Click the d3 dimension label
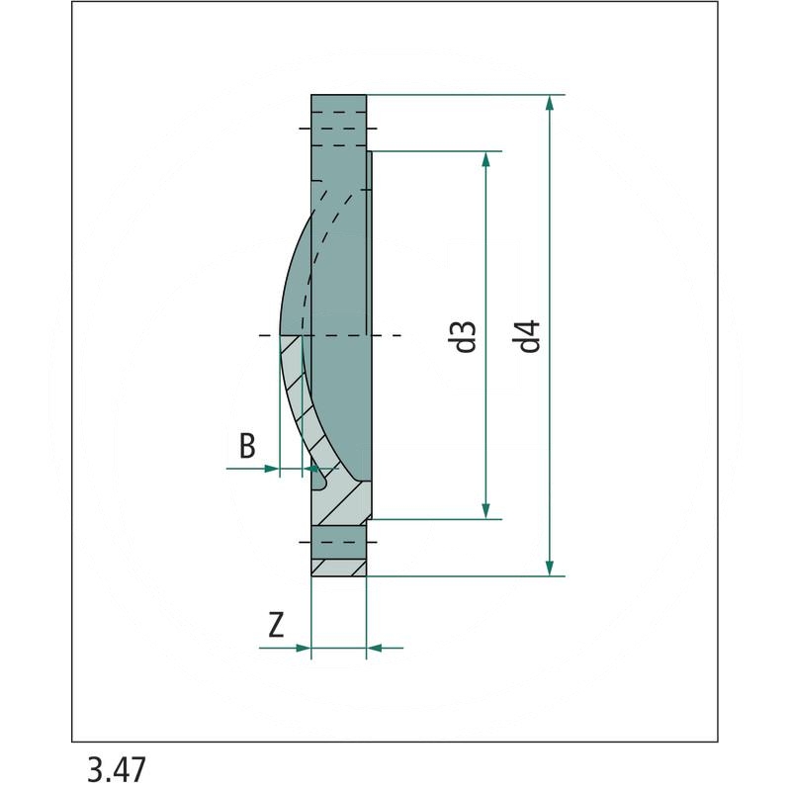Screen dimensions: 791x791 tap(468, 336)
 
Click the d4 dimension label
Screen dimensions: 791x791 tap(531, 336)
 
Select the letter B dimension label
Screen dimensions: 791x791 tap(247, 446)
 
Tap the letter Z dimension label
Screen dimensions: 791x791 tap(277, 625)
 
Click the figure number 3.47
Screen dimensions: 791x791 tap(116, 769)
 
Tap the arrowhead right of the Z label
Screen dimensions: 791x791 tap(304, 649)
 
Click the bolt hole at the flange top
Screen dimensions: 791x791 tap(339, 128)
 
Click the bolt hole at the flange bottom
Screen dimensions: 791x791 tap(339, 543)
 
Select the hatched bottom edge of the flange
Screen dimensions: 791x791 tap(339, 568)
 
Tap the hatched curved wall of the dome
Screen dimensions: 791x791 tap(297, 395)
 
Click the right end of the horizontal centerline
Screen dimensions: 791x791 tap(397, 336)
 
